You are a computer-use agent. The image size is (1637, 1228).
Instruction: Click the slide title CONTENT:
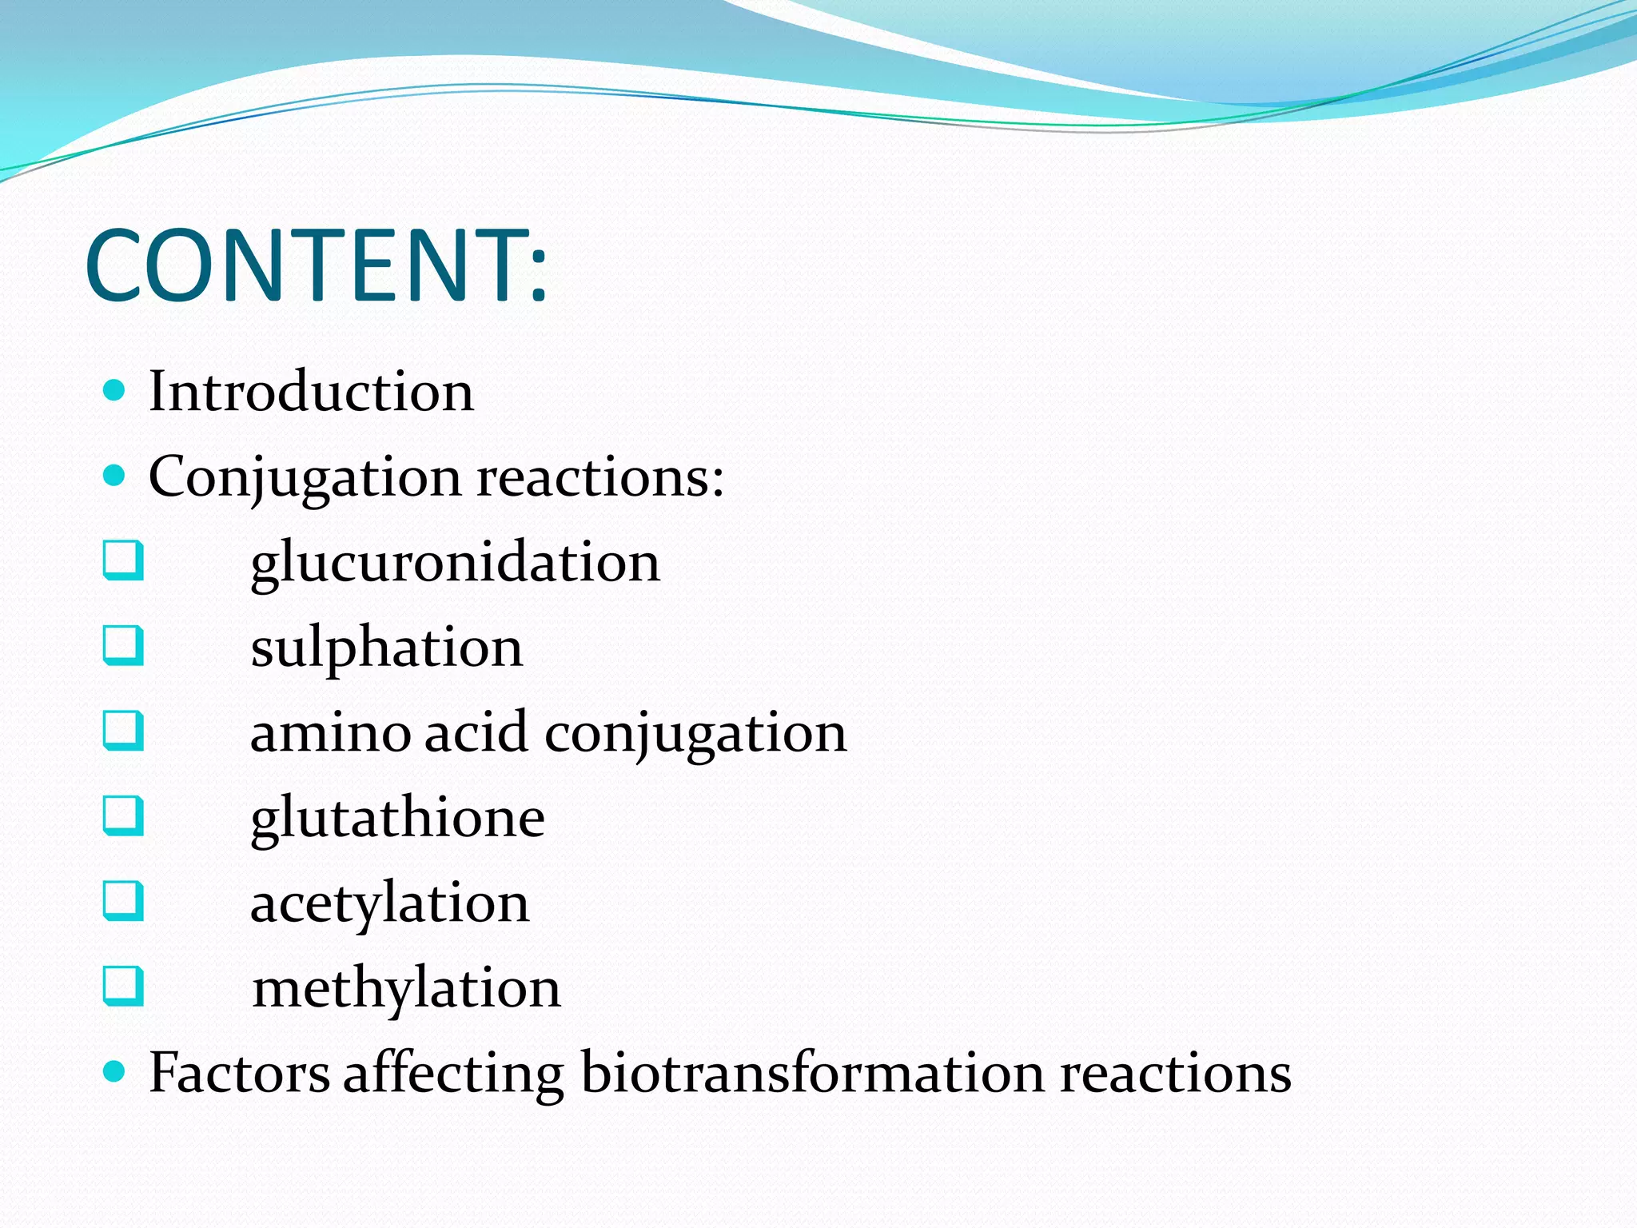tap(317, 265)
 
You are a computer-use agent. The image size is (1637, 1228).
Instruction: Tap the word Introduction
tap(311, 392)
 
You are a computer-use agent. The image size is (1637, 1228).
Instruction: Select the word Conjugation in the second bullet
tap(305, 477)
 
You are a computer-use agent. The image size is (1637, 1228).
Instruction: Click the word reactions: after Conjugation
tap(600, 477)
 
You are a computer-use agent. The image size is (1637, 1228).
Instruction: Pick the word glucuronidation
tap(455, 563)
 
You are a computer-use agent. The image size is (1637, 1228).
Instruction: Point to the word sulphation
tap(386, 648)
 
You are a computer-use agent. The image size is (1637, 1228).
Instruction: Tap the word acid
tap(476, 732)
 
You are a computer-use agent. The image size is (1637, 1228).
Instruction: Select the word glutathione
tap(397, 818)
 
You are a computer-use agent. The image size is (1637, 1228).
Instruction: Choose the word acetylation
tap(389, 903)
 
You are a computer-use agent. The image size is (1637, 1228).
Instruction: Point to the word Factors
tap(239, 1073)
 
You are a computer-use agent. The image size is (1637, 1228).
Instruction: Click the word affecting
tap(453, 1073)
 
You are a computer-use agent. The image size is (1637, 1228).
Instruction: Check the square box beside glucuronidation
tap(124, 560)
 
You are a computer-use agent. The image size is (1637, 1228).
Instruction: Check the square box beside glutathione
tap(124, 815)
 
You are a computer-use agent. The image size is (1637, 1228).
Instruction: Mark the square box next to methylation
tap(124, 986)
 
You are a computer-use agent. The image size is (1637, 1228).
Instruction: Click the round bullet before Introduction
tap(115, 390)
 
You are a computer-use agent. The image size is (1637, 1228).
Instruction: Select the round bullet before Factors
tap(115, 1071)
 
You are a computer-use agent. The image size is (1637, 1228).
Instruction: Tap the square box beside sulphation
tap(124, 645)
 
